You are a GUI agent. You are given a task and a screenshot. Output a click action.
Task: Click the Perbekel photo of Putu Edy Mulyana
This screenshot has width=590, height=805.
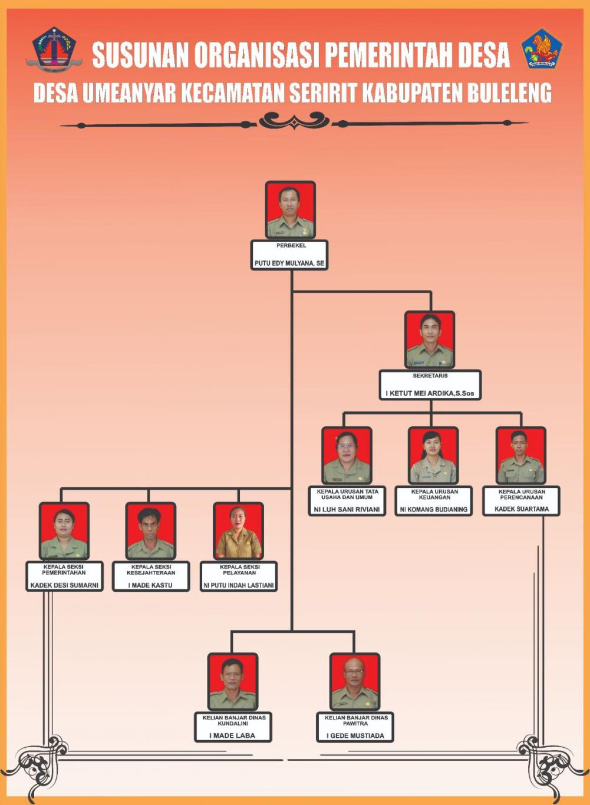(x=290, y=210)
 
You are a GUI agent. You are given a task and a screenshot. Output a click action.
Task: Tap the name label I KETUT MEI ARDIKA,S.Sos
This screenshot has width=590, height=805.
(x=430, y=393)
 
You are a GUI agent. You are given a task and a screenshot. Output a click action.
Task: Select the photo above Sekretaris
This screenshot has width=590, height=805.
(x=430, y=339)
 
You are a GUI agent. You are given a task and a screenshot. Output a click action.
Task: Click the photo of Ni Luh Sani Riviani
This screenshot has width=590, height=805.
(x=347, y=455)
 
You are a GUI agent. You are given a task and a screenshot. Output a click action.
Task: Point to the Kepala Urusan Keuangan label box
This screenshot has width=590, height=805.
(x=434, y=501)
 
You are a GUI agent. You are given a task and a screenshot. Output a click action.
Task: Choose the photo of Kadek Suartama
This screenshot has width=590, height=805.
(x=520, y=455)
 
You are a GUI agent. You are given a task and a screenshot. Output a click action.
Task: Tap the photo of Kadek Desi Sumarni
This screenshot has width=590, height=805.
(x=64, y=530)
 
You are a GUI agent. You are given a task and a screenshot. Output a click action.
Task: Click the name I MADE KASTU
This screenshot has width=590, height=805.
(x=150, y=585)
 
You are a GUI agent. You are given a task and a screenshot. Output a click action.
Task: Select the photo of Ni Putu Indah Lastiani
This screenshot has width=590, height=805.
(x=238, y=530)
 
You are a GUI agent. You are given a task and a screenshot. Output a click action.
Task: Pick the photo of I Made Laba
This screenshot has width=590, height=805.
(x=233, y=681)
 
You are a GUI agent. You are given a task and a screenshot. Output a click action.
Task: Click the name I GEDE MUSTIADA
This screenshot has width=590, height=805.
(x=355, y=735)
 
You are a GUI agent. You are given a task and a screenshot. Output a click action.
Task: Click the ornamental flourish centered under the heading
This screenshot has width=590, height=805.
(x=294, y=121)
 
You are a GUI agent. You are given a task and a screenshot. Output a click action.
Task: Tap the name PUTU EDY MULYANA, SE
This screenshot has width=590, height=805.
(x=289, y=263)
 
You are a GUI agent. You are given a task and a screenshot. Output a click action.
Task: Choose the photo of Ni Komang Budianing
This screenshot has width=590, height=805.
(x=433, y=455)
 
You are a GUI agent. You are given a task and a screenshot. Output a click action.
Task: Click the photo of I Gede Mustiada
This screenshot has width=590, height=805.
(x=354, y=681)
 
